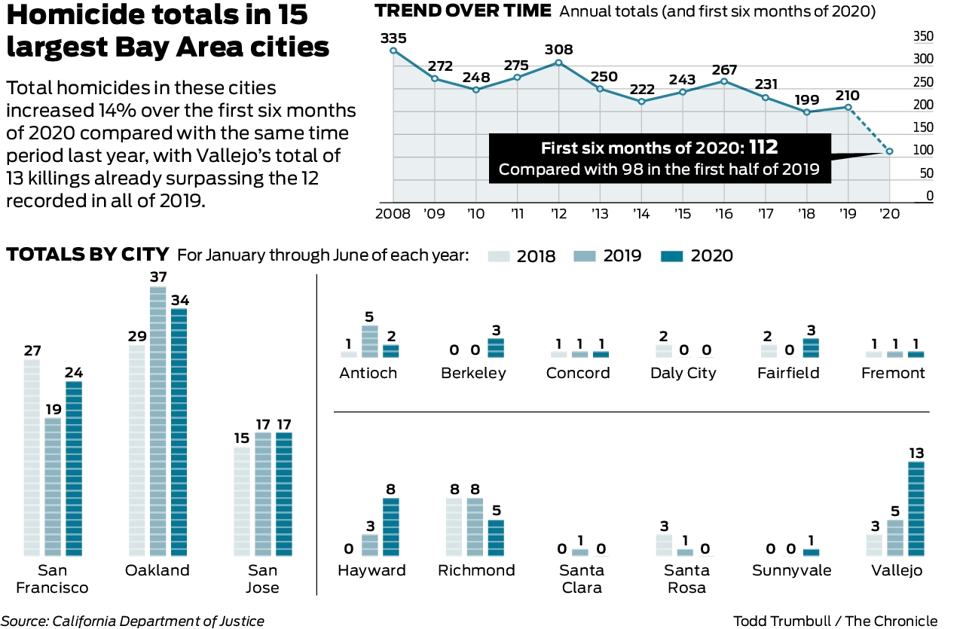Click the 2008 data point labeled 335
393,50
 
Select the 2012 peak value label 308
559,50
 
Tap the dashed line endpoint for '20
890,151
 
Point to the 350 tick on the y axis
924,36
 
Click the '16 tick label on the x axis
724,213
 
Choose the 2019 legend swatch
585,256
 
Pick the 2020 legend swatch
671,256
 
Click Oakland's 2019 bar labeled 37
157,422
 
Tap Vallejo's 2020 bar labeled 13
916,509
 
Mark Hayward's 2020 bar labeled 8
391,527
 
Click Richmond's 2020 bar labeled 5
496,538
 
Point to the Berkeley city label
474,373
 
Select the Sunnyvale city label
792,570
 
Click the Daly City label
683,373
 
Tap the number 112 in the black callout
763,147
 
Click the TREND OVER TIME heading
463,11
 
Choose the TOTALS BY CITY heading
88,255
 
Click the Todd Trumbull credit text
836,621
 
